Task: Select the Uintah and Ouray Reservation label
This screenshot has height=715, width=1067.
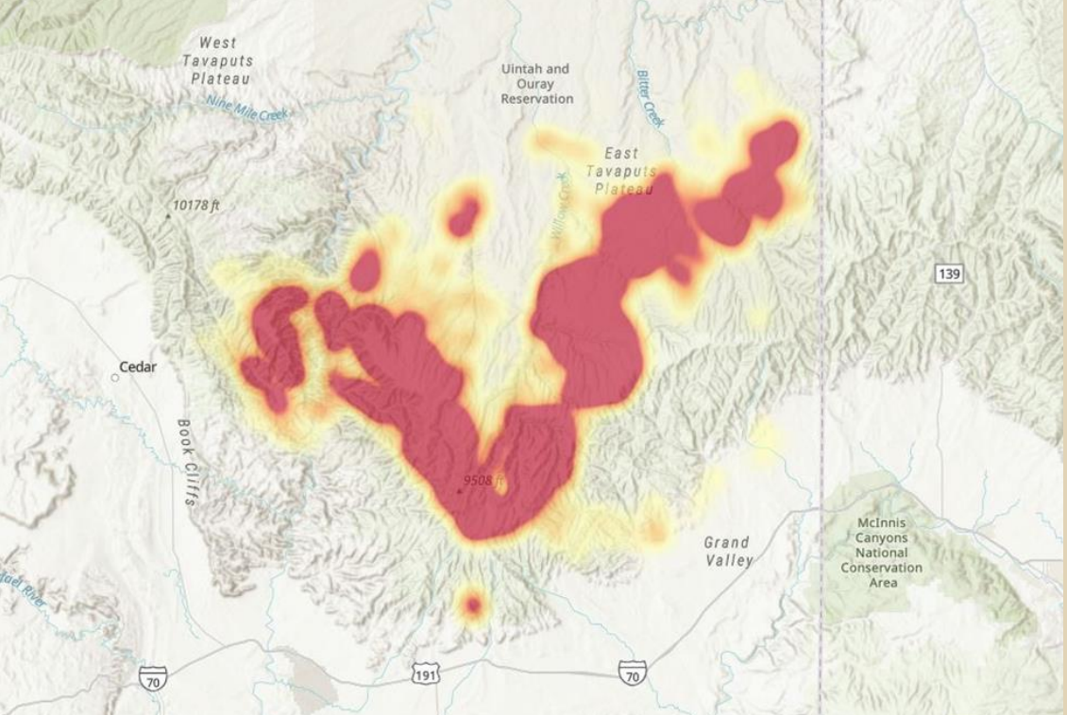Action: [536, 84]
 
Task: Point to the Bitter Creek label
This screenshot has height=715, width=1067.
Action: [651, 97]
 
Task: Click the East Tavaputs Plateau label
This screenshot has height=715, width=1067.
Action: [619, 171]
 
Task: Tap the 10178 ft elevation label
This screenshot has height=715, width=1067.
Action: [196, 205]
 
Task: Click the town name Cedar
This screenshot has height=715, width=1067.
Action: [138, 366]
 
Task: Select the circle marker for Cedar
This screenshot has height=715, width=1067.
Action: [115, 377]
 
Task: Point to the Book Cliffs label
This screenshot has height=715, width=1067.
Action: [187, 462]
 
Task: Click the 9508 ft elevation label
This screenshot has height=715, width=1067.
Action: [485, 481]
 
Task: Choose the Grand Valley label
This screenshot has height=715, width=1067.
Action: [728, 552]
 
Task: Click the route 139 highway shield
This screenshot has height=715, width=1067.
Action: [950, 274]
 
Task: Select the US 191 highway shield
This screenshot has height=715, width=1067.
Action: [426, 674]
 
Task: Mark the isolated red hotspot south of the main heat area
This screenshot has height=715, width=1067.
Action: [472, 605]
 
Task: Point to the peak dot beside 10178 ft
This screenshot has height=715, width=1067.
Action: [168, 216]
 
